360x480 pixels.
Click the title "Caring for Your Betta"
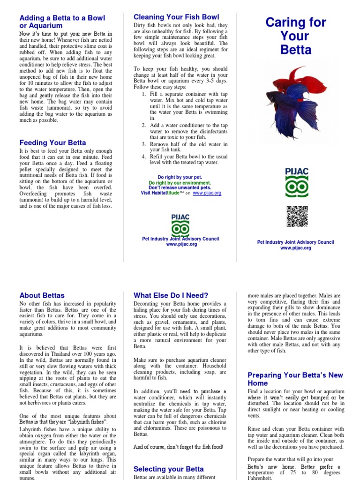point(296,36)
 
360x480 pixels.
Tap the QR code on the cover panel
point(297,217)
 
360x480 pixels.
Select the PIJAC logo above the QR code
point(297,182)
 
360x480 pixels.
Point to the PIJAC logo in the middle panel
point(180,224)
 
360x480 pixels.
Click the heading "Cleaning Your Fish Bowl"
point(176,17)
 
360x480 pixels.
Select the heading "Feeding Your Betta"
point(52,142)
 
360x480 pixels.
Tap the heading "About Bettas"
point(42,295)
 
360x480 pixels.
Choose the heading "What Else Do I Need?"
point(171,295)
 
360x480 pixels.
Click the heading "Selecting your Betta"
point(168,469)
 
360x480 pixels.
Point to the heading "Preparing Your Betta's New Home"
point(295,379)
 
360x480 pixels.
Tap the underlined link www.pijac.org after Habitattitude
point(207,193)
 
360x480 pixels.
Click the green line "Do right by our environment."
point(180,183)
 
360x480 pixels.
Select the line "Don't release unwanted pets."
point(180,187)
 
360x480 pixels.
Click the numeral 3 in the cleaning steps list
point(144,144)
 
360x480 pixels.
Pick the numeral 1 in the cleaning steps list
point(144,94)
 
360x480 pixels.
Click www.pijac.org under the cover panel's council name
point(295,248)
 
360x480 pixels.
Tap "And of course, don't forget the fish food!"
point(178,447)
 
